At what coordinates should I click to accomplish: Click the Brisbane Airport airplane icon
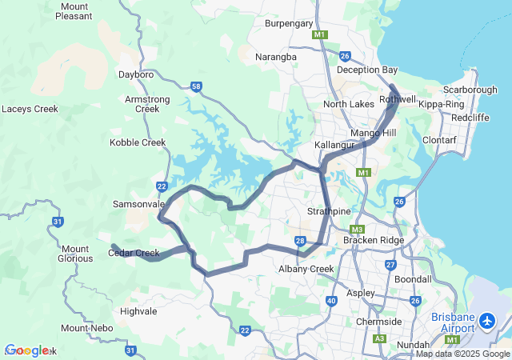[490, 322]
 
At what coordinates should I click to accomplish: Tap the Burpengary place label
[289, 24]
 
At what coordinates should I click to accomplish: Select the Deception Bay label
[367, 70]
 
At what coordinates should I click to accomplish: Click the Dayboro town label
[135, 74]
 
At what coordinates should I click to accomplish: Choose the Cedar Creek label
[134, 254]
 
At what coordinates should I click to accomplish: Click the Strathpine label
[330, 211]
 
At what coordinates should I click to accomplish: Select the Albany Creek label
[306, 269]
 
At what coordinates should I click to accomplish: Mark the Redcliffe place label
[470, 118]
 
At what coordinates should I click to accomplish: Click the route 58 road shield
[197, 86]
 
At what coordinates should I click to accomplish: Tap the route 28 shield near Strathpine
[300, 240]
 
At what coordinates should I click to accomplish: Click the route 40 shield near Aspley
[331, 301]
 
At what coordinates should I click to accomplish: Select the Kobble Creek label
[138, 142]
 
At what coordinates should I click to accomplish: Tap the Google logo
[26, 350]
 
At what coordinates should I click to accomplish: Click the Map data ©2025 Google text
[462, 354]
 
